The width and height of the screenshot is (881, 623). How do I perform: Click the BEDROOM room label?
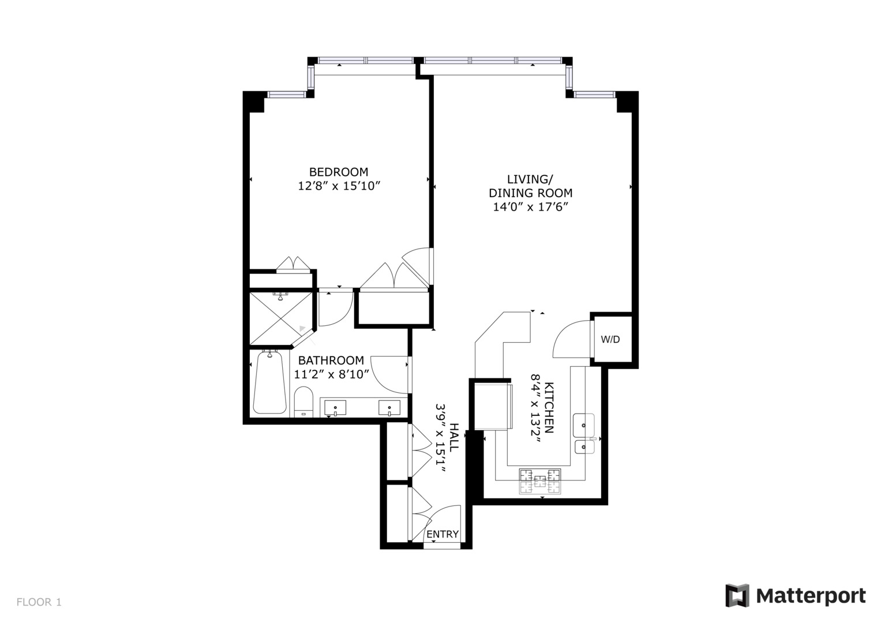coord(338,172)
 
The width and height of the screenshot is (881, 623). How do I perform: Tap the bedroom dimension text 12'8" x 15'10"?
coord(338,186)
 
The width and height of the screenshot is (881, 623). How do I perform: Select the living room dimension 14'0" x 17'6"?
coord(530,207)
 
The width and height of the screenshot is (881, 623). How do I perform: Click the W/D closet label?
coord(610,339)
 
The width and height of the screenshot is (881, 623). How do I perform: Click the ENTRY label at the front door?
coord(443,534)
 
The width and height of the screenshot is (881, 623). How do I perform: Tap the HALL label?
coord(454,437)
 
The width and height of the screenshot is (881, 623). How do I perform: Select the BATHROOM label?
coord(331,360)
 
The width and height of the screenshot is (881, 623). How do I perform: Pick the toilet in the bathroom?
coord(303,401)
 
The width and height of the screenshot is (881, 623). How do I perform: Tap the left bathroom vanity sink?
coord(335,408)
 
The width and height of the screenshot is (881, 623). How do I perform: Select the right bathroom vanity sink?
coord(389,408)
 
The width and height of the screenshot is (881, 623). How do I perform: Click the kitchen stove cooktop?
coord(540,481)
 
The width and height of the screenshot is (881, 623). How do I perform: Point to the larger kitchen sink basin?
coord(583,426)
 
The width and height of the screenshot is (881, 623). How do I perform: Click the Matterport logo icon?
coord(737,595)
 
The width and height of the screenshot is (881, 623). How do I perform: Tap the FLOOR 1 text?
coord(39,602)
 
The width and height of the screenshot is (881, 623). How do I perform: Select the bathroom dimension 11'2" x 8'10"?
coord(331,374)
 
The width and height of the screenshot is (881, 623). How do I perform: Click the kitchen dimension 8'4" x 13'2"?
coord(535,408)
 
